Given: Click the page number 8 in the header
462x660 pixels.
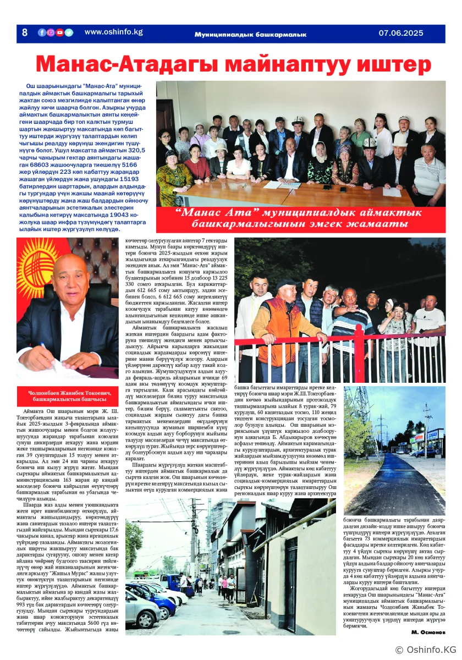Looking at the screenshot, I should click(24, 32).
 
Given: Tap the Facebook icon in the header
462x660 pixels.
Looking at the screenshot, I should click(42, 32).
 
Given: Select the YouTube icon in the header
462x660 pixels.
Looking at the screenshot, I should click(59, 32).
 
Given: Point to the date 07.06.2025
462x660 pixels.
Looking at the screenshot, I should click(400, 33).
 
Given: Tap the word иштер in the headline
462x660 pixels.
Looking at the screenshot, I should click(394, 65).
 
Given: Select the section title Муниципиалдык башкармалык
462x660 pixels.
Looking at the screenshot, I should click(250, 34).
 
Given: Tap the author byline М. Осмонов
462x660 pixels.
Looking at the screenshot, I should click(427, 631).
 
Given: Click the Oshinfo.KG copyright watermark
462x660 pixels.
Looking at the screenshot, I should click(426, 650).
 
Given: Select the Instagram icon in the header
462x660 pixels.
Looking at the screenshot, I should click(51, 32).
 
